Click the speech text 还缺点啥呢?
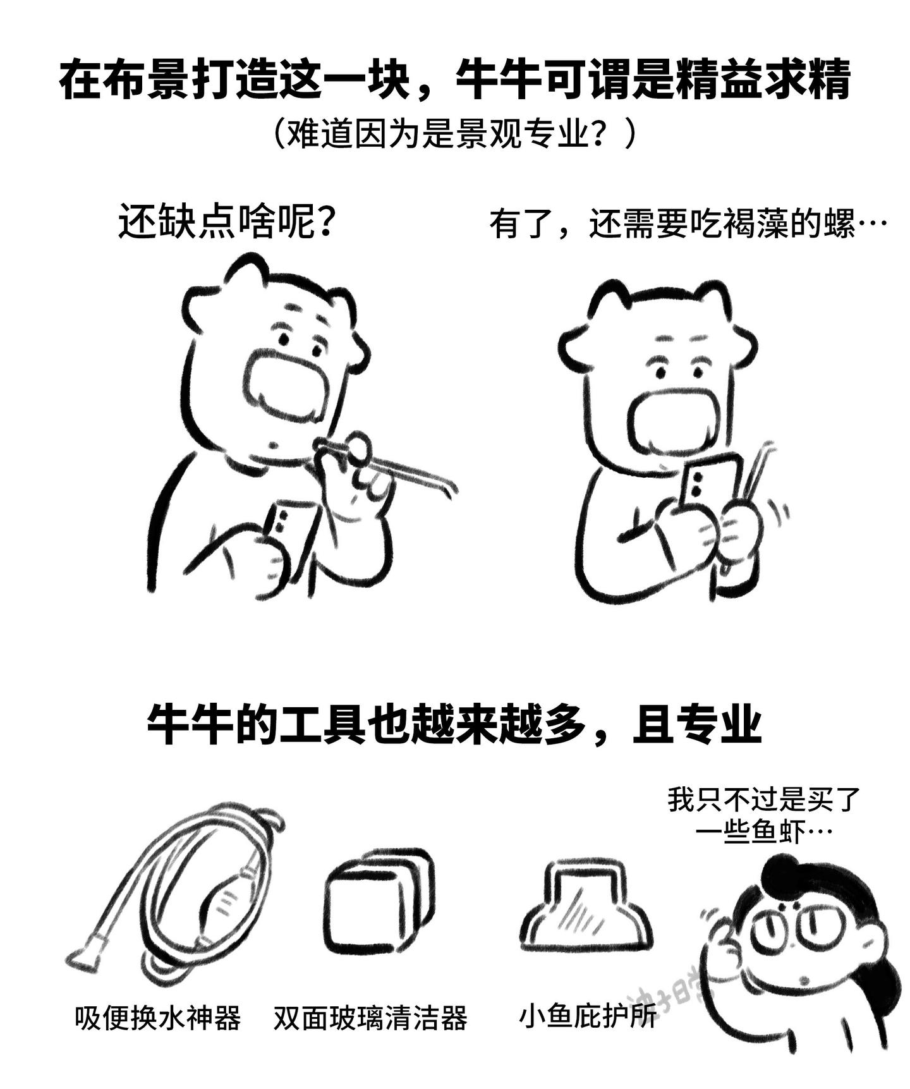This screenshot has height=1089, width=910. pos(226,222)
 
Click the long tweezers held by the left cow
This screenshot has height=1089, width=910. pos(385,465)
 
